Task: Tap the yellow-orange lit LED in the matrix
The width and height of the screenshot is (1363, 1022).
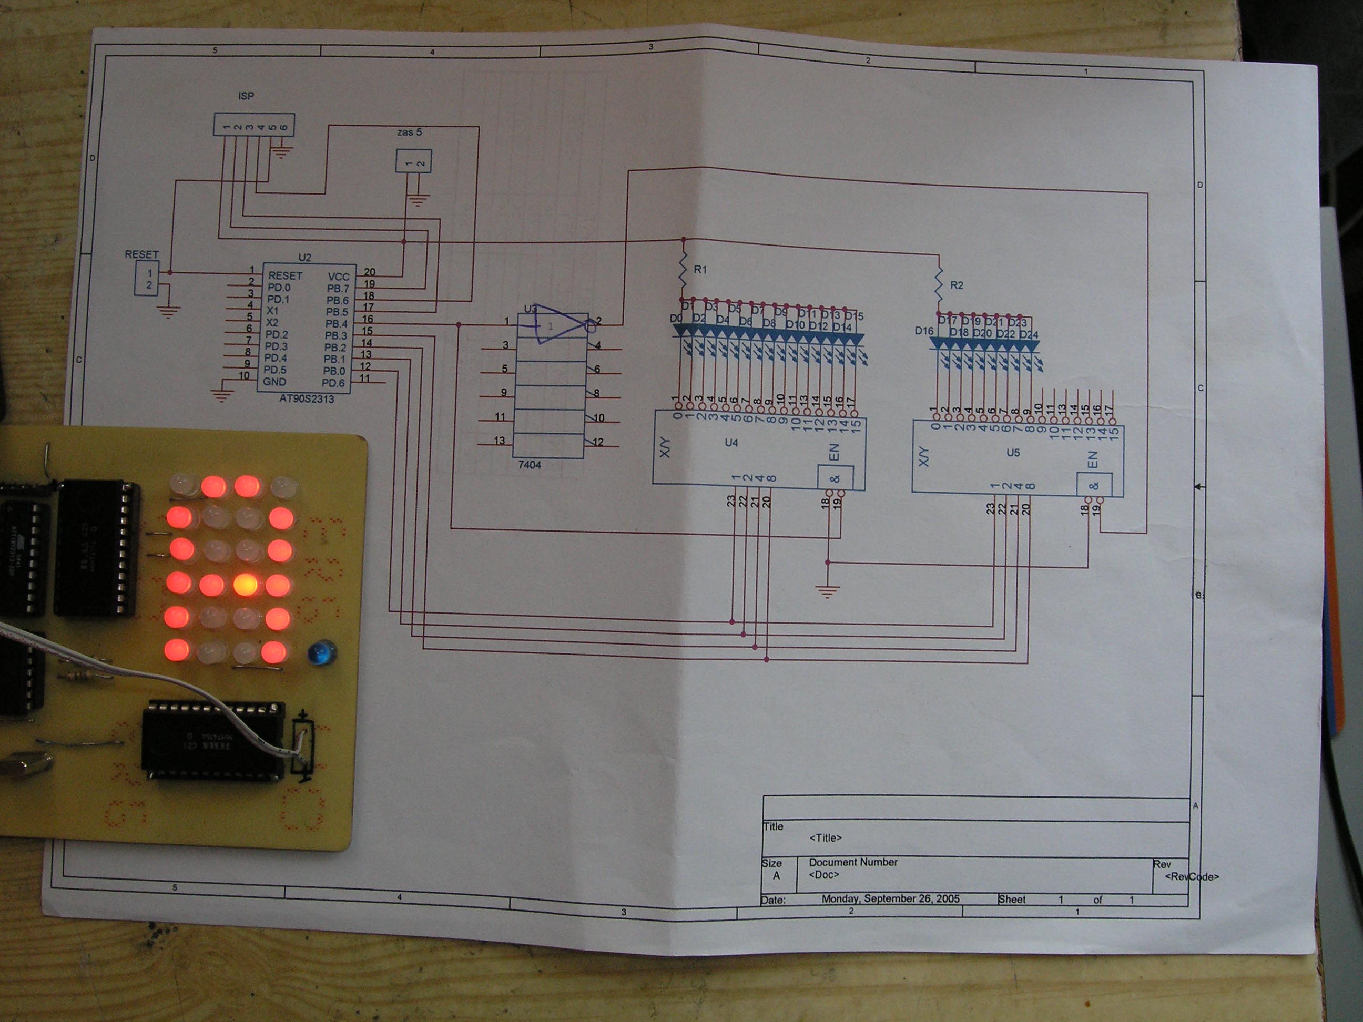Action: tap(245, 585)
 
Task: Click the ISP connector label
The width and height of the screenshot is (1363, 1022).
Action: tap(246, 96)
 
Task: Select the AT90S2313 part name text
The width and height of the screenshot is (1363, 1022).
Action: tap(306, 398)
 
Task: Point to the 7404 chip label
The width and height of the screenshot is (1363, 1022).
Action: tap(530, 465)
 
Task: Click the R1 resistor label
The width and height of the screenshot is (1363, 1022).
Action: tap(700, 270)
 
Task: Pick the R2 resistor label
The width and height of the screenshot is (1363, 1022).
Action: tap(957, 285)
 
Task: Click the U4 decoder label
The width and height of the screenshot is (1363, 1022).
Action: tap(731, 442)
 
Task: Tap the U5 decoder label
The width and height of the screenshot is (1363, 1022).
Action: tap(1013, 453)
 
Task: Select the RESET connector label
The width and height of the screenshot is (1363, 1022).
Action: tap(141, 254)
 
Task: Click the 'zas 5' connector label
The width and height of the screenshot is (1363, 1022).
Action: tap(409, 132)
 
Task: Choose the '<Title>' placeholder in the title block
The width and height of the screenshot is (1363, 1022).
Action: tap(825, 838)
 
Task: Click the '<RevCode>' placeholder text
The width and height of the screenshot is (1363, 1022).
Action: tap(1191, 876)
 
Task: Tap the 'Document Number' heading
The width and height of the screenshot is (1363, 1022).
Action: tap(853, 862)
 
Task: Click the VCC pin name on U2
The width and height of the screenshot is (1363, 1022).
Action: tap(338, 277)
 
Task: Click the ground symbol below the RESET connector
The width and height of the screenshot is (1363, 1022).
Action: tap(168, 312)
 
